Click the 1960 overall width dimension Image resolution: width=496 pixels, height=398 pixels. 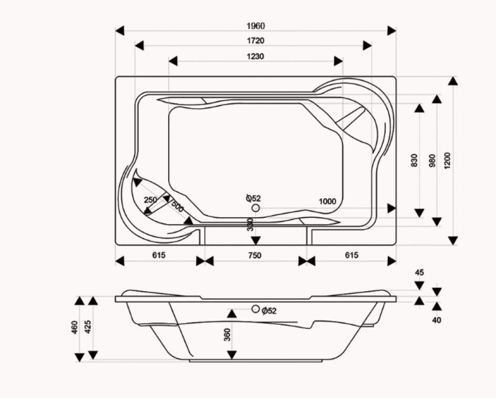point(255,26)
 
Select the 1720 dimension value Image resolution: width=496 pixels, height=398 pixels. point(255,41)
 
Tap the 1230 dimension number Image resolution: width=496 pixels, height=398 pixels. point(255,57)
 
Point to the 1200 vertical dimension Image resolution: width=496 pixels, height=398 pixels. point(447,160)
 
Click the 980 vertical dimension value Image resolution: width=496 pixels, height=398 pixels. point(432,160)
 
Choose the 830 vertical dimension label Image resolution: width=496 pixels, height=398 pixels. point(414,160)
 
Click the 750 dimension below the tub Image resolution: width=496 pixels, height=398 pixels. point(254,255)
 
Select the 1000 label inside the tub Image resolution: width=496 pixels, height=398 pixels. point(327,202)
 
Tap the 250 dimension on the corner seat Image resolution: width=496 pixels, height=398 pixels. point(151,200)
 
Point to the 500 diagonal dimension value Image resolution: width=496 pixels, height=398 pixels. point(178,207)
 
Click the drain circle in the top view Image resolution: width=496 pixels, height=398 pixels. point(255,208)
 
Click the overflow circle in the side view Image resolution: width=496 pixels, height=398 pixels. point(255,309)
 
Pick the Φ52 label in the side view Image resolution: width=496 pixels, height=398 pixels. point(269,311)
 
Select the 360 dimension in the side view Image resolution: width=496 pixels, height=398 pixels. point(228,334)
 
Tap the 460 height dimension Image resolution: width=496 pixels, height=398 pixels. point(75,327)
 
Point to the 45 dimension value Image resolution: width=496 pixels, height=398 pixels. point(419,272)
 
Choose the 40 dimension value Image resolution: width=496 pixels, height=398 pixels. point(436,320)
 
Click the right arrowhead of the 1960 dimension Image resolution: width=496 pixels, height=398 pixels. point(392,31)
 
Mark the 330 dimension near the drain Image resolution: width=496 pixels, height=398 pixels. point(250,225)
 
